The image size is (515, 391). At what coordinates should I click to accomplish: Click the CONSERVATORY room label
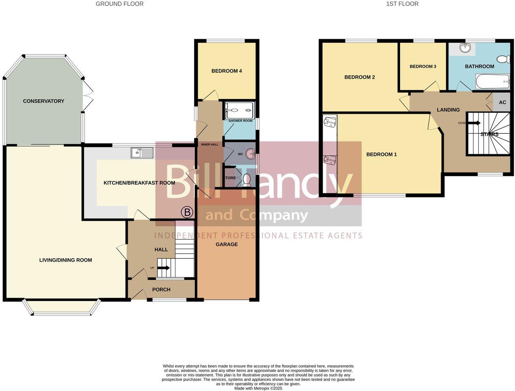(x=44, y=101)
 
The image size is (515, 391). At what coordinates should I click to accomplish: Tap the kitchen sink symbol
(x=142, y=153)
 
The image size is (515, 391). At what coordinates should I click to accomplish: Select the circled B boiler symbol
(x=186, y=213)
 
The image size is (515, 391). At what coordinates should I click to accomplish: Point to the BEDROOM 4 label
(x=227, y=71)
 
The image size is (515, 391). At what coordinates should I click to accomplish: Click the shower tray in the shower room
(x=240, y=110)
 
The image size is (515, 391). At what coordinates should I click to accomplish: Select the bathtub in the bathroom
(x=493, y=82)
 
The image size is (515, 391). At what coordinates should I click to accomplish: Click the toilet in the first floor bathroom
(x=503, y=59)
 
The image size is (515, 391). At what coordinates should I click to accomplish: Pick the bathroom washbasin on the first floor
(x=465, y=48)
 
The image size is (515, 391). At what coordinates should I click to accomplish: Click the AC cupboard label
(x=502, y=103)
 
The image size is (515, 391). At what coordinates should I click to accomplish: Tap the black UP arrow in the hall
(x=163, y=268)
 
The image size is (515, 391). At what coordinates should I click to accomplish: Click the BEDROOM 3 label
(x=423, y=66)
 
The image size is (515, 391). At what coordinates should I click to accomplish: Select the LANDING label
(x=448, y=110)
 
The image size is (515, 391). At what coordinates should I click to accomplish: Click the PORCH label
(x=161, y=290)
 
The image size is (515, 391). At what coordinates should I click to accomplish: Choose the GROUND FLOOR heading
(x=120, y=4)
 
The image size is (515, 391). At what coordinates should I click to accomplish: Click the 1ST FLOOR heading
(x=402, y=4)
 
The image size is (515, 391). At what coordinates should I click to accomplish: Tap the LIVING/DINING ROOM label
(x=66, y=260)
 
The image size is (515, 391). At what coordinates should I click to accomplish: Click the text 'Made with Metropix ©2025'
(x=258, y=388)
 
